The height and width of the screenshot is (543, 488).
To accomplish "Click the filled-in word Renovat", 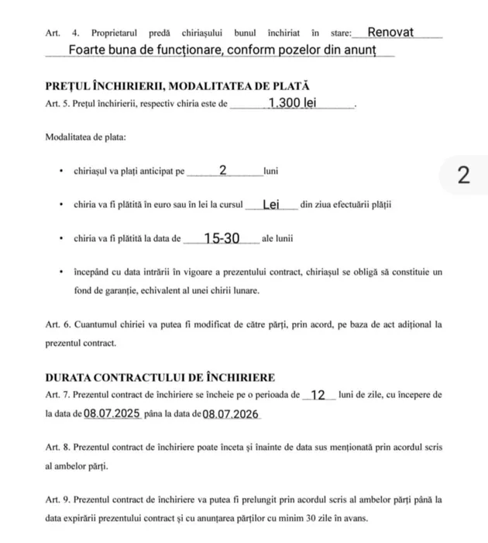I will click(x=390, y=33).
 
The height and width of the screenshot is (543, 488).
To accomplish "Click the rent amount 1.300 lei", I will click(x=292, y=103).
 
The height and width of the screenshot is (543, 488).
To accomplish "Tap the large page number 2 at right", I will click(x=463, y=175).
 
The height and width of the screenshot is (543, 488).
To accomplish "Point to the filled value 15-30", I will click(x=222, y=239).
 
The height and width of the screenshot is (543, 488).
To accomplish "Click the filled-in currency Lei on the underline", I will click(x=271, y=205).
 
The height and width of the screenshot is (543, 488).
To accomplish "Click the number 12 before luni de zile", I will click(x=318, y=395).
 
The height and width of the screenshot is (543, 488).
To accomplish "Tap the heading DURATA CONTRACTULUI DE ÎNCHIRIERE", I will click(x=160, y=378).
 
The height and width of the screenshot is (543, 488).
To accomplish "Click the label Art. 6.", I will click(x=58, y=325).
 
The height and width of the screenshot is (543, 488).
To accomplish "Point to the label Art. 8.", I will click(x=58, y=448).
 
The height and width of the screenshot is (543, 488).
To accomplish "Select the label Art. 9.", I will click(x=58, y=500).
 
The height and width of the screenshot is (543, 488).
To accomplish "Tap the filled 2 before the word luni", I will click(x=223, y=171).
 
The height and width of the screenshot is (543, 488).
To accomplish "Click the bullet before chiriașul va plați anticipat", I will click(x=60, y=171).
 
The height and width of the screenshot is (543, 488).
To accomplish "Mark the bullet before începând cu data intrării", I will click(x=60, y=273).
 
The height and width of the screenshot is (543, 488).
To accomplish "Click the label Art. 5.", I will click(x=58, y=104).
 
